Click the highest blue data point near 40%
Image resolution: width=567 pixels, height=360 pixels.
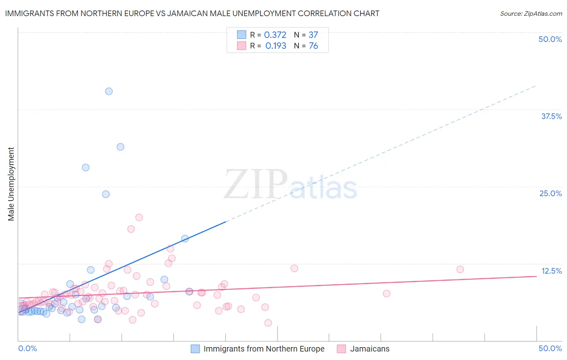tap(109, 91)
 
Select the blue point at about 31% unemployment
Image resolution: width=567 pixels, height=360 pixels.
tap(120, 147)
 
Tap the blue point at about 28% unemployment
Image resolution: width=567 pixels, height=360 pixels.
tap(85, 167)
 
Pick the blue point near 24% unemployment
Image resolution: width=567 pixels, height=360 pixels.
tap(106, 194)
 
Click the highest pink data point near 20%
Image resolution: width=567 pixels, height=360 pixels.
tap(139, 218)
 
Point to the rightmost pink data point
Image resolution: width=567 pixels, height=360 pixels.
tap(460, 269)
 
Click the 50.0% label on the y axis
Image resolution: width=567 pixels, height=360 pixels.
tap(550, 39)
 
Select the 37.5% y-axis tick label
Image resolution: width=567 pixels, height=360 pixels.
tap(551, 116)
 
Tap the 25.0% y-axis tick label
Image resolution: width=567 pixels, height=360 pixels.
tap(550, 193)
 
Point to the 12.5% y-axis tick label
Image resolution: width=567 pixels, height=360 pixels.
tap(551, 271)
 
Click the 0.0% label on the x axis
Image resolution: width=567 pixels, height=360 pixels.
tap(27, 348)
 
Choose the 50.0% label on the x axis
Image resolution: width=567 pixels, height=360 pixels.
tap(550, 348)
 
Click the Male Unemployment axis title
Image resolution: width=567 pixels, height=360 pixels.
tap(11, 184)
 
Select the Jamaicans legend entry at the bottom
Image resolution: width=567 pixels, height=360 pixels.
tap(369, 349)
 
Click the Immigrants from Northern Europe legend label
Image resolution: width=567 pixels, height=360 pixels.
tap(264, 349)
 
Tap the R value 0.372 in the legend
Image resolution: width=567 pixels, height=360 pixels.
tap(275, 35)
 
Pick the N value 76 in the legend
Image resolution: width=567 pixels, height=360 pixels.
tap(313, 46)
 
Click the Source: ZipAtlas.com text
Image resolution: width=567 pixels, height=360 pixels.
tap(531, 14)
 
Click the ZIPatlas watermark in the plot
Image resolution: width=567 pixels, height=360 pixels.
tap(290, 184)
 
